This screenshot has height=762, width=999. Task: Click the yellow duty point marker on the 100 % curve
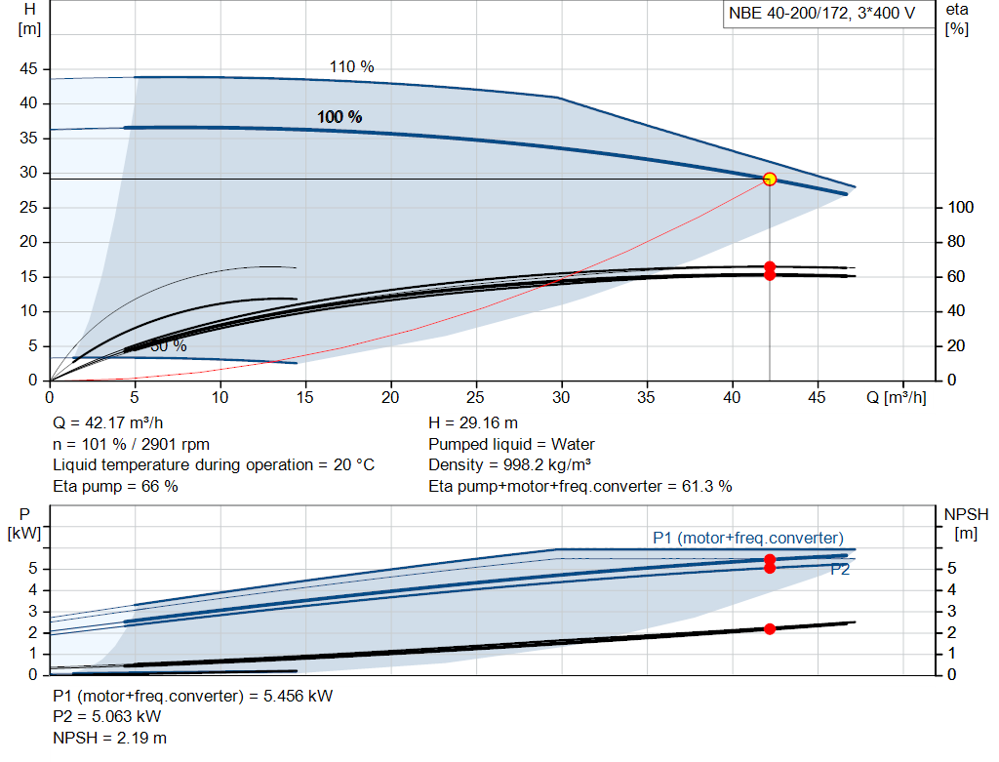tap(770, 179)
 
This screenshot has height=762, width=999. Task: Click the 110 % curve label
tap(352, 67)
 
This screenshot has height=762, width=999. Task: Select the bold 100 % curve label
tap(340, 117)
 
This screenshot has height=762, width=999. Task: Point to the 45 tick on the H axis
tap(29, 69)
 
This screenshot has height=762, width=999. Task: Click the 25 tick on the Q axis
tap(476, 397)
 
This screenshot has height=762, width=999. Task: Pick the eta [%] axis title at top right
tap(957, 19)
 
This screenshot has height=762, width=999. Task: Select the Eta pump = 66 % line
tap(115, 486)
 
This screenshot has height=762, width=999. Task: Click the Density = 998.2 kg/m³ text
tap(510, 465)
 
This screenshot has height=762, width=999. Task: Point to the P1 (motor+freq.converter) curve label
tap(748, 538)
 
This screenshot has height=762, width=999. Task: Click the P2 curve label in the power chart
tap(840, 570)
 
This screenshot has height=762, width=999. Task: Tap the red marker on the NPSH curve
tap(770, 629)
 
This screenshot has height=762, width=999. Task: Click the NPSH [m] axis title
tap(965, 524)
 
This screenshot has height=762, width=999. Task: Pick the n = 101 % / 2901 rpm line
tap(131, 444)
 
